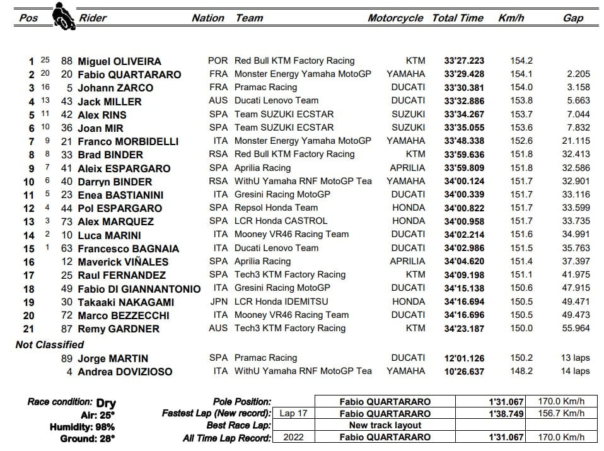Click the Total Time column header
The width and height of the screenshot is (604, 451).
457,18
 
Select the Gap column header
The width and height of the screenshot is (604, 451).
572,18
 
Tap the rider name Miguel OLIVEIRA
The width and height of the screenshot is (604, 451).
119,61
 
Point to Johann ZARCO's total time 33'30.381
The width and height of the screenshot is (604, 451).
464,87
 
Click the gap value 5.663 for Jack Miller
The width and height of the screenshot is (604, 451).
578,100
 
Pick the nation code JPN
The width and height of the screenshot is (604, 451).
219,302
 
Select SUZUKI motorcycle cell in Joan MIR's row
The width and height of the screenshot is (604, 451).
408,127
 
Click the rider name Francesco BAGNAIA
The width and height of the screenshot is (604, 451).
128,248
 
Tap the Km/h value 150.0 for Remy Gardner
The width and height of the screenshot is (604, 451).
521,328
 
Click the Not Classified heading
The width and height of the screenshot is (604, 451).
49,344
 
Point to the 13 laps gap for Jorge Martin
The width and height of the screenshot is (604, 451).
575,358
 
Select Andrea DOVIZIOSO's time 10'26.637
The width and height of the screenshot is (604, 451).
464,371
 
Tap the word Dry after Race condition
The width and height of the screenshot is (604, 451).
106,402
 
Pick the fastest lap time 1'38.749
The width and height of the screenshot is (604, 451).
506,414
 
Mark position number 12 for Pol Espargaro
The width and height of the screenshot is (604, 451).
29,208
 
